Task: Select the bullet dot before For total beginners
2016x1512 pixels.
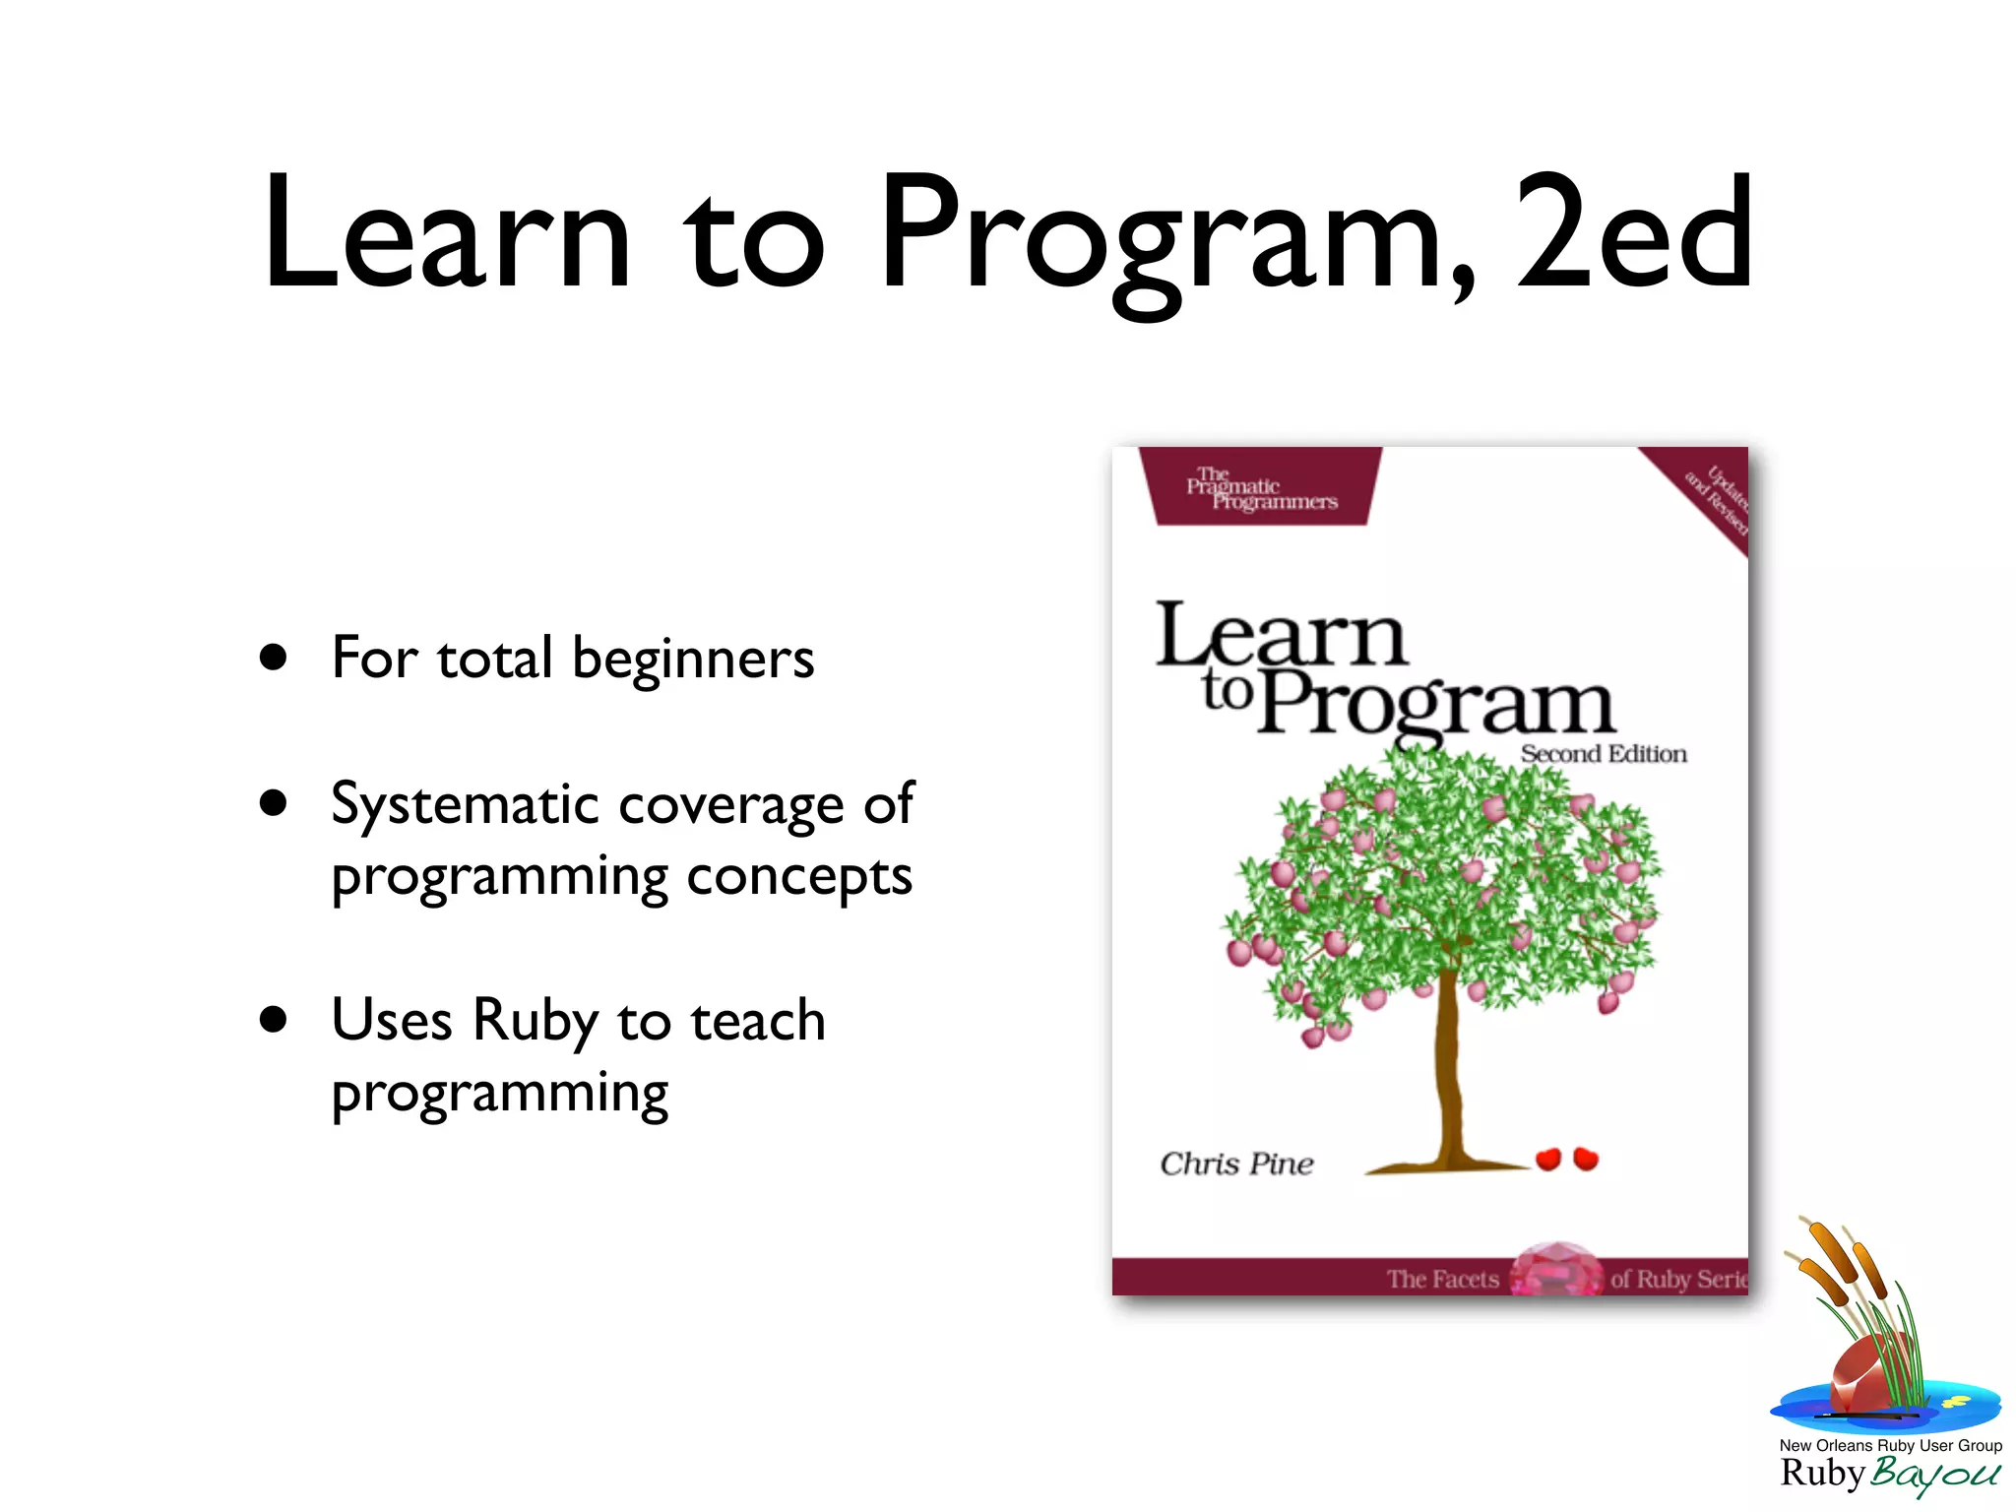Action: click(x=274, y=658)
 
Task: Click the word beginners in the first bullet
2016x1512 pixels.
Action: click(x=693, y=660)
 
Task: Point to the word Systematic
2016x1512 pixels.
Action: click(x=465, y=805)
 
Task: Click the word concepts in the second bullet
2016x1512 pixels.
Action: click(x=799, y=876)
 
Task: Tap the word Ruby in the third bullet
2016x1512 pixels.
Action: click(x=535, y=1022)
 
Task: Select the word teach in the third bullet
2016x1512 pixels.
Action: click(x=758, y=1020)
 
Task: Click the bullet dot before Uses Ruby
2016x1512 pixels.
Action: click(x=274, y=1020)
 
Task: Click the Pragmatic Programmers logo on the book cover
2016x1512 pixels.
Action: click(x=1261, y=488)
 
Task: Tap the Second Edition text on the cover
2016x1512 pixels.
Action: click(x=1603, y=754)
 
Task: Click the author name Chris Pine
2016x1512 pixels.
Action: click(x=1236, y=1164)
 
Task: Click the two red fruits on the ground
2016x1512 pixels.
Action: click(x=1567, y=1159)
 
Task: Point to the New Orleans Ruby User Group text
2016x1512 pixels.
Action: click(x=1890, y=1445)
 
